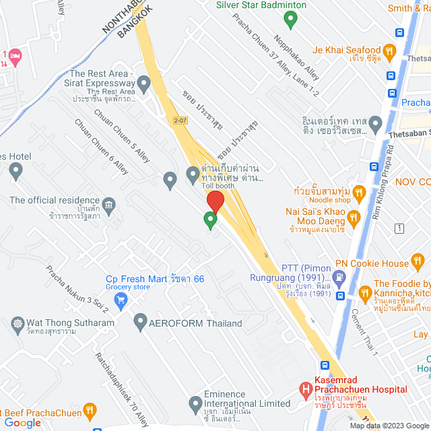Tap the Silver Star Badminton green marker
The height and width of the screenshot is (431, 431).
click(x=290, y=20)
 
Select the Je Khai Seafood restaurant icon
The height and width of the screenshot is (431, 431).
click(x=389, y=51)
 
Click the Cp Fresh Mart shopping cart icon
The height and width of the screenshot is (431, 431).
click(x=121, y=300)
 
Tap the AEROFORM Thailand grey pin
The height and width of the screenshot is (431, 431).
click(x=140, y=323)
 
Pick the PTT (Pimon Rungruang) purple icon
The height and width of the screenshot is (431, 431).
click(x=339, y=275)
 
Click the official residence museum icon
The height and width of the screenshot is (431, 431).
click(x=108, y=203)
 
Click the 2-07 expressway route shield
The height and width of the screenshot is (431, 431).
click(x=179, y=120)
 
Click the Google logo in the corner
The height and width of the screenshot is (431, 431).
click(x=22, y=422)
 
